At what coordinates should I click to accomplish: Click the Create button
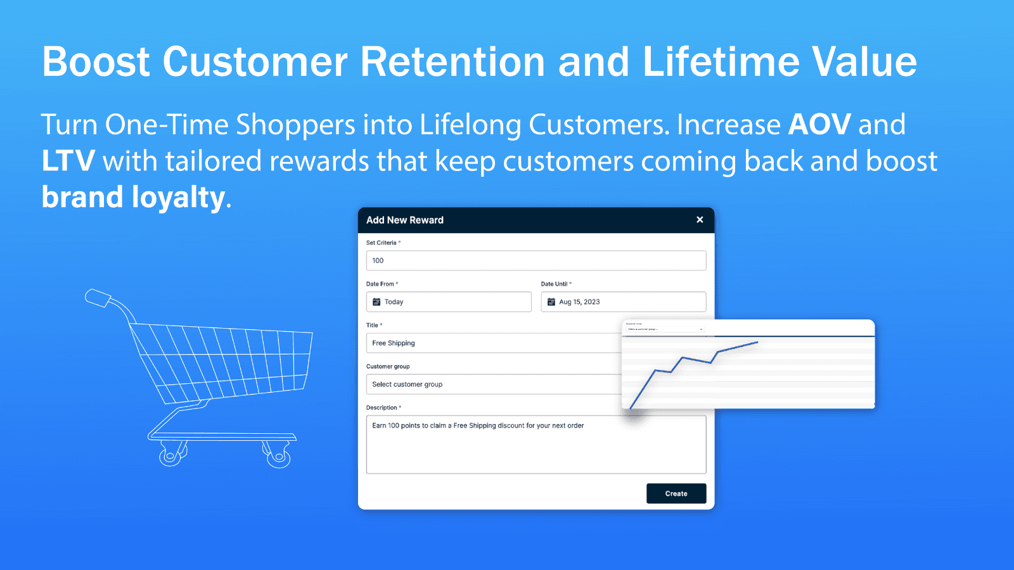click(676, 493)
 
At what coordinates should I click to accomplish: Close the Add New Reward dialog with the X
click(700, 220)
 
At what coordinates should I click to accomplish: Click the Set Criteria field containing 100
click(536, 260)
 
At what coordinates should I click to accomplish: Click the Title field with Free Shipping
click(494, 343)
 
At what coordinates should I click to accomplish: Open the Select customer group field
click(494, 384)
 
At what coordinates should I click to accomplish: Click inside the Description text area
click(536, 446)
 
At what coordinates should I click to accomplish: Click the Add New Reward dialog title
click(405, 220)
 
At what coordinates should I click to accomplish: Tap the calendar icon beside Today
click(376, 301)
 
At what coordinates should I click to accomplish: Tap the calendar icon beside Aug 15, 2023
click(551, 301)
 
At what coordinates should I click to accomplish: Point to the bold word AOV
click(819, 124)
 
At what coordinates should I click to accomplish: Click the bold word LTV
click(68, 161)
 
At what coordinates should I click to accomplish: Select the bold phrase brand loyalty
click(133, 197)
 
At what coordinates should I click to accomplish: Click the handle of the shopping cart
click(98, 298)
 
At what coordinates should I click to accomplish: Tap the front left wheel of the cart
click(170, 456)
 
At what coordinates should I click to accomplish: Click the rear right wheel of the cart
click(278, 457)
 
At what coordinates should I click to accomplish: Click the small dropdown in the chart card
click(664, 329)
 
